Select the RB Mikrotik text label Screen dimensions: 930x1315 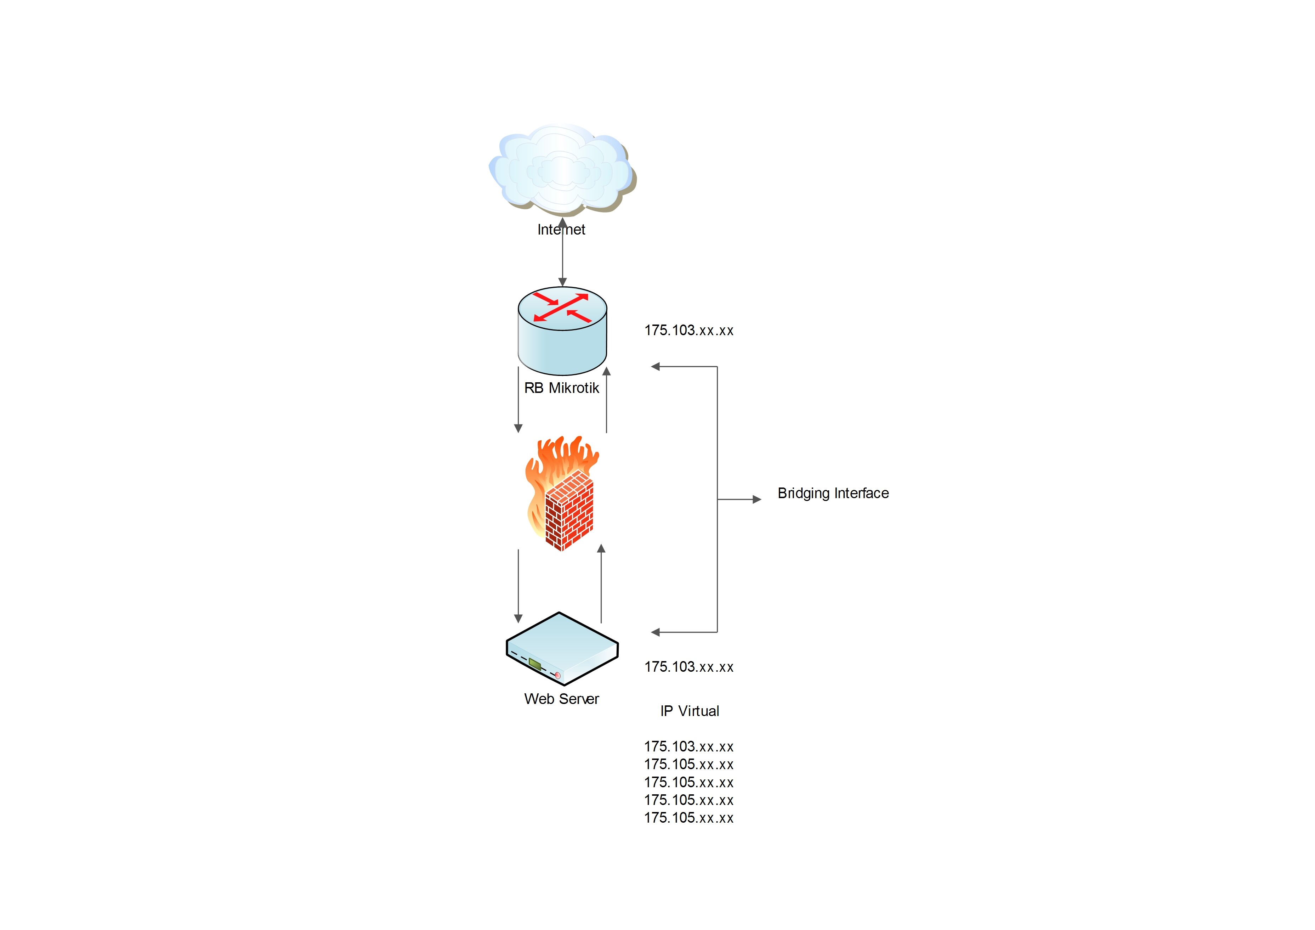(561, 388)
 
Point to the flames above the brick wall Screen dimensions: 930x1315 (561, 458)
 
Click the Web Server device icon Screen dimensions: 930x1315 (562, 648)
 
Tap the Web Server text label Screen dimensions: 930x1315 (561, 699)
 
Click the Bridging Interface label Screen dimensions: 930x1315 (833, 494)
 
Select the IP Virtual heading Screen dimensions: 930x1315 (690, 711)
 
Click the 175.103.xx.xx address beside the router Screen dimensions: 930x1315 (689, 331)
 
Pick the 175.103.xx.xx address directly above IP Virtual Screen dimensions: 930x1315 (689, 667)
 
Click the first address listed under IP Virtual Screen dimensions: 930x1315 (689, 746)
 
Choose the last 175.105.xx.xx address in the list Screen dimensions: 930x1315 (689, 818)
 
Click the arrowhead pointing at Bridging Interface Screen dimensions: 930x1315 (756, 500)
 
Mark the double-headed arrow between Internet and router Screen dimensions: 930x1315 (562, 252)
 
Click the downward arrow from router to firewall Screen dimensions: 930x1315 (518, 401)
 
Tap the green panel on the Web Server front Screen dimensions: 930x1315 (535, 664)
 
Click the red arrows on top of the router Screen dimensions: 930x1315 (562, 308)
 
